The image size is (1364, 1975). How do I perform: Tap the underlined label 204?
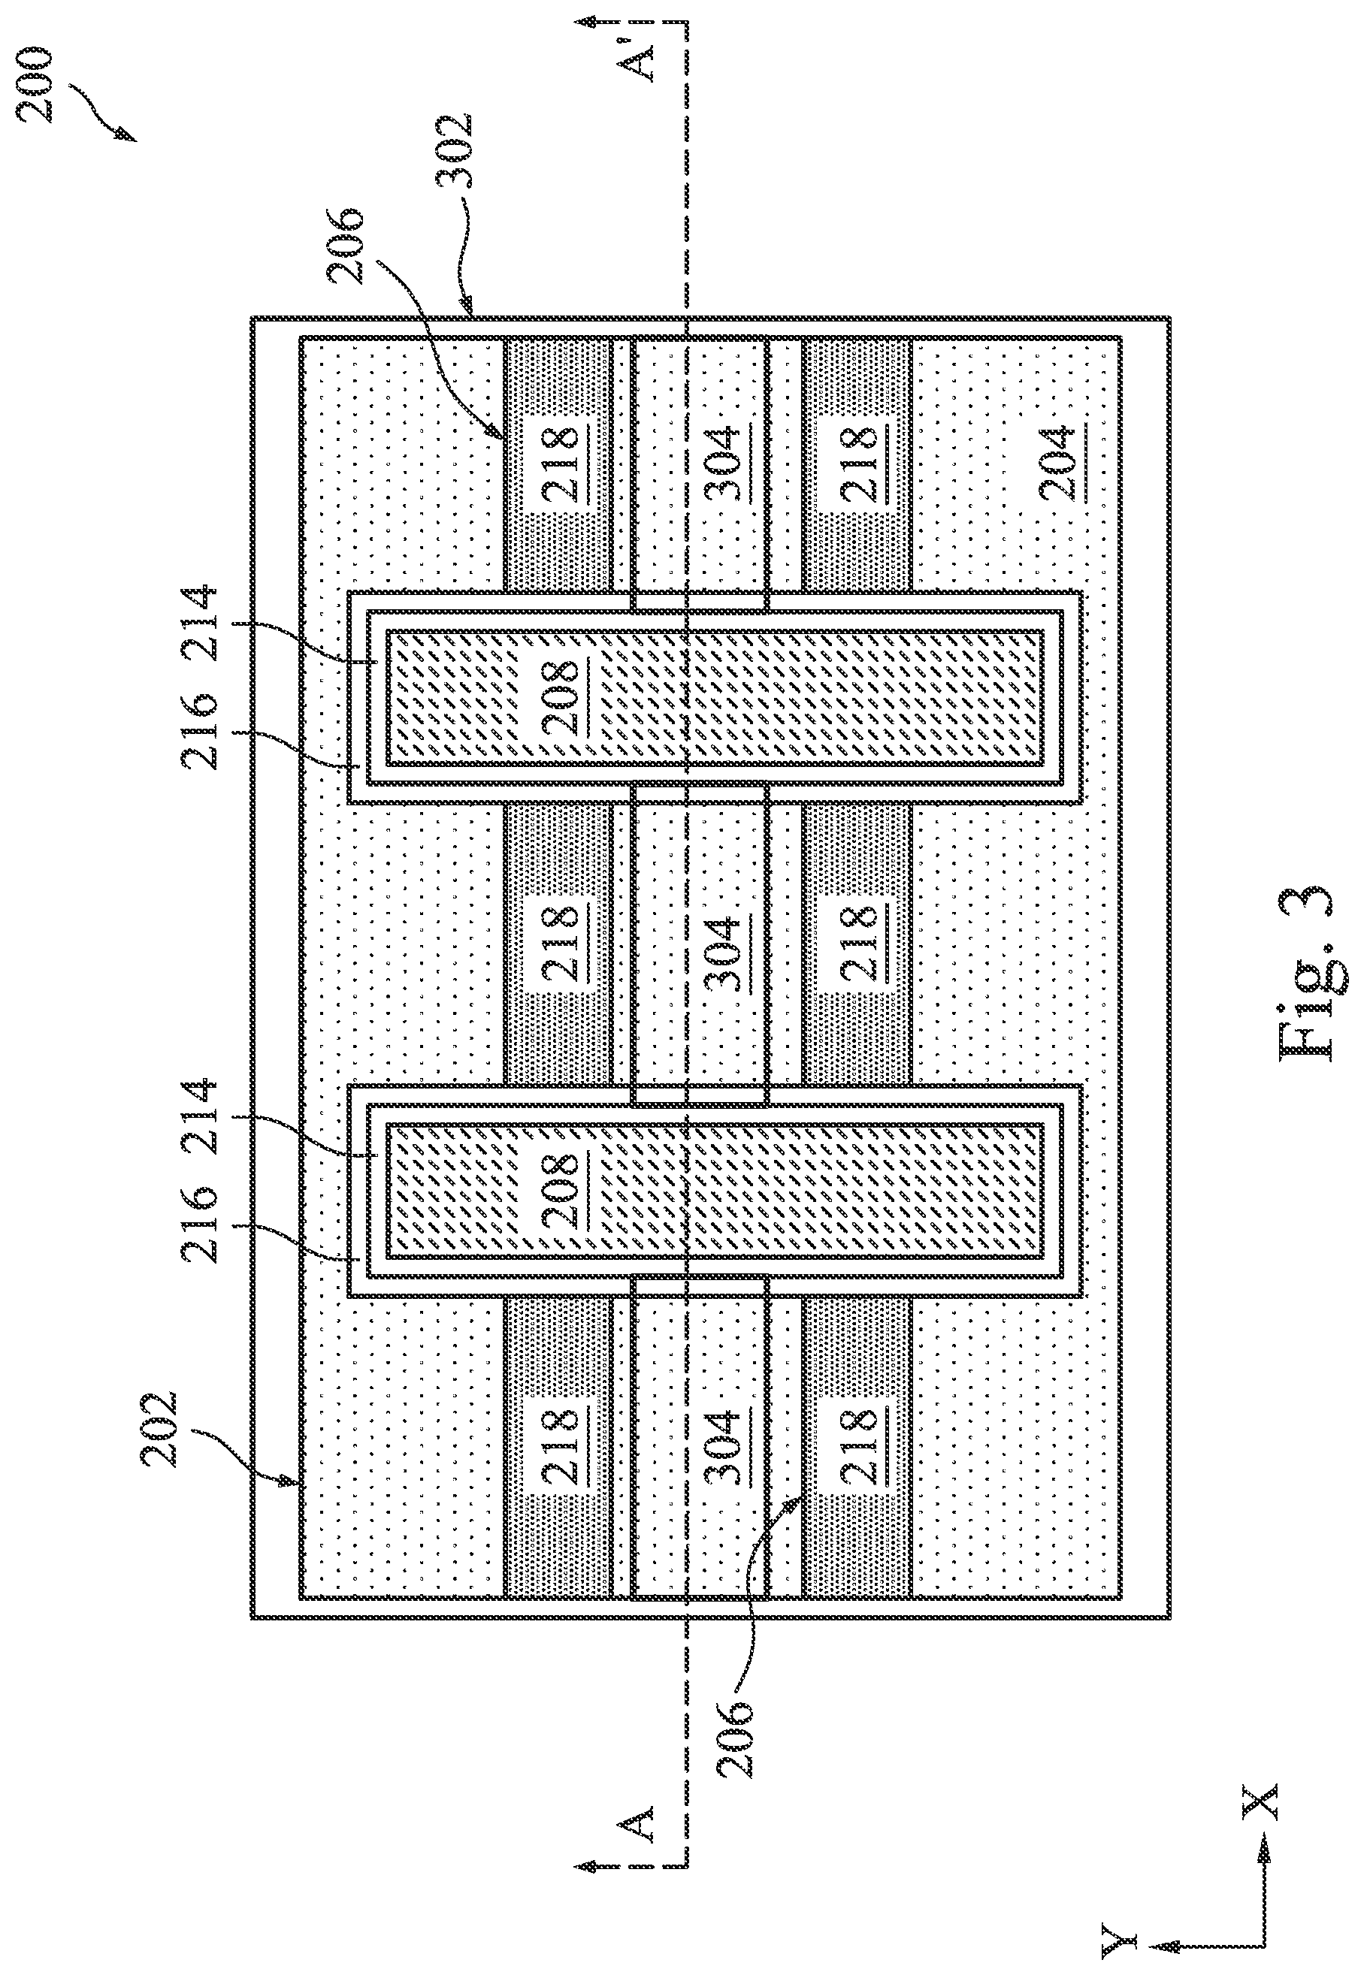pos(1059,463)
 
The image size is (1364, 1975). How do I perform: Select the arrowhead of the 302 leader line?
pos(466,306)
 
